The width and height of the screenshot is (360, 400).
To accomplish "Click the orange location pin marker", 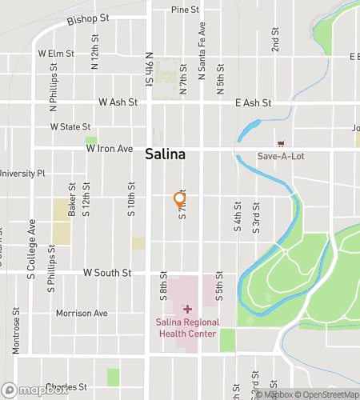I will point(180,200).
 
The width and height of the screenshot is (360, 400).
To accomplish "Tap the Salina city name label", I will point(166,154).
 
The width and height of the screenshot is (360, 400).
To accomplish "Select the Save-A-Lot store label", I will point(278,156).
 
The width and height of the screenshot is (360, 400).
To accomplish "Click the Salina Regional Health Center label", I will point(188,328).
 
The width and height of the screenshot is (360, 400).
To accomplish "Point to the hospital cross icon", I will point(188,309).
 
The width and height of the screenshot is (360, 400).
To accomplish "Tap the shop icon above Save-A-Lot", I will point(280,143).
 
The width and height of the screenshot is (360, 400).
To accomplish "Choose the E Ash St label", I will point(254,103).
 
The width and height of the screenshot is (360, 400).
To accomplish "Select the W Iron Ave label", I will point(110,149).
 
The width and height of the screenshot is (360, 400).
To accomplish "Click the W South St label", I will point(107,273).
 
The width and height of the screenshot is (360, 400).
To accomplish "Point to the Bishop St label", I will point(88,18).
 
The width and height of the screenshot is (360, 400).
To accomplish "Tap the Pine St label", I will point(186,10).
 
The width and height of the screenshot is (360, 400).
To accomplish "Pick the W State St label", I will point(70,126).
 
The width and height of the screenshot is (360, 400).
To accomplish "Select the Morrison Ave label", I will point(82,313).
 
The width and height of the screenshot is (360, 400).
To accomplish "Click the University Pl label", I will point(22,173).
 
